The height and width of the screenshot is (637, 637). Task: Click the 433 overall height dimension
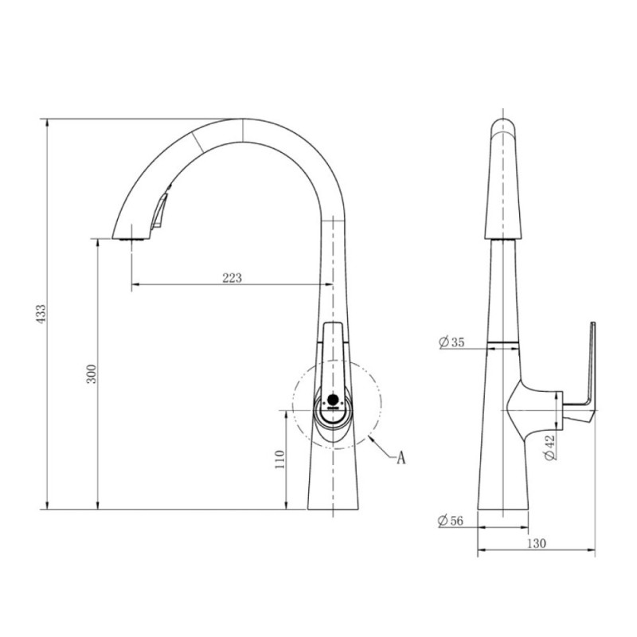point(41,314)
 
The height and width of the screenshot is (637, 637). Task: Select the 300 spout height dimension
point(92,373)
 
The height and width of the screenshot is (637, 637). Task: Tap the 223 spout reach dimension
point(232,278)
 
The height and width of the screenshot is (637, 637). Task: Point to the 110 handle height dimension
point(280,459)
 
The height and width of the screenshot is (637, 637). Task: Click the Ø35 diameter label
point(451,342)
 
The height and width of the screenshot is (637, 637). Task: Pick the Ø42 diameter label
point(549,447)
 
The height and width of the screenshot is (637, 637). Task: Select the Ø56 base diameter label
point(451,521)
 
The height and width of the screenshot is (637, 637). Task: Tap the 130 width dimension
point(537,543)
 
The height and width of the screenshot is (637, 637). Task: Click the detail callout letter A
point(401,458)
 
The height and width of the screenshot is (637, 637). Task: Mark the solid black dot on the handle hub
point(333,399)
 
